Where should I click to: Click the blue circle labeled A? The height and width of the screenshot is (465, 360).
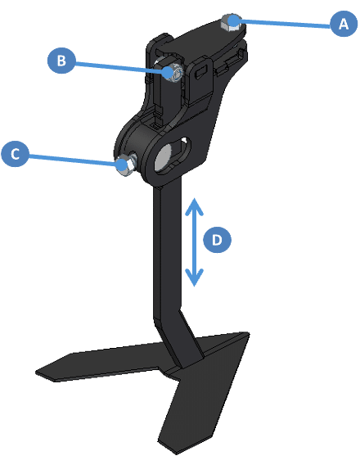click(x=344, y=24)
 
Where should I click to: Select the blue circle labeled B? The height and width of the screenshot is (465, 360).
click(x=61, y=61)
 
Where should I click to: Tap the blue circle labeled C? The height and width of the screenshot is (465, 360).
click(x=15, y=154)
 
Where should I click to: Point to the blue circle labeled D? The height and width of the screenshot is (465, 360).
click(x=217, y=240)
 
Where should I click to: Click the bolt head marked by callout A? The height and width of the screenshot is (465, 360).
click(x=232, y=23)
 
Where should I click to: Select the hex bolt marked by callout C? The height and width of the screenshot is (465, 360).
click(x=125, y=166)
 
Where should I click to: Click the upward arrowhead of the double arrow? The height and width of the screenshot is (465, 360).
click(x=194, y=206)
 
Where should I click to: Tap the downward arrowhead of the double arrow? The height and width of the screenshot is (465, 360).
click(x=194, y=278)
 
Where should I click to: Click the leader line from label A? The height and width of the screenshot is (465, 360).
click(x=286, y=24)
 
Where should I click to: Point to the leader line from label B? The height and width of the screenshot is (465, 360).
click(x=121, y=66)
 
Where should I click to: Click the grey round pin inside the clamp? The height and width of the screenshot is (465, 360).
click(x=164, y=157)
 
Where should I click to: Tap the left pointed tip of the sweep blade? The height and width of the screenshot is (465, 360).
click(x=36, y=372)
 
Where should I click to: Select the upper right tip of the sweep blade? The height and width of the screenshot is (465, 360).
click(x=248, y=333)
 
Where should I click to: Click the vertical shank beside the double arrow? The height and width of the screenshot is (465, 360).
click(x=167, y=249)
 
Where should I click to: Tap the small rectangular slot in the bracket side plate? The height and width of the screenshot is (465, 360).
click(x=202, y=72)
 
